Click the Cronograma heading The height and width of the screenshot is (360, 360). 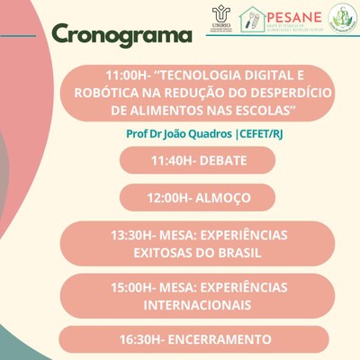[121, 35]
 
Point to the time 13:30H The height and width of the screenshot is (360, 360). [131, 235]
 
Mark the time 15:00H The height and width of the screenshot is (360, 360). [131, 288]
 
